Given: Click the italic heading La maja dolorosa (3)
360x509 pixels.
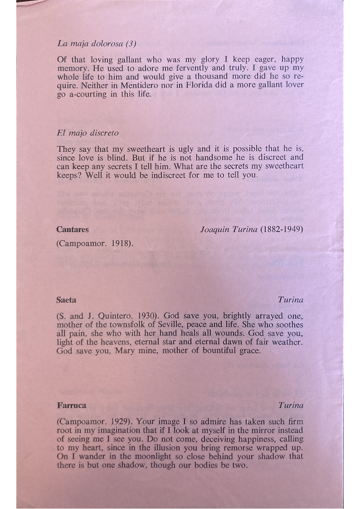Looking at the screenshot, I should click(97, 44).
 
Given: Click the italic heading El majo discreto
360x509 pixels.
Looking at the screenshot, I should click(88, 133).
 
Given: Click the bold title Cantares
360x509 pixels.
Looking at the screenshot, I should click(73, 229).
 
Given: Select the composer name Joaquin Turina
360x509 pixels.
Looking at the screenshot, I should click(229, 229).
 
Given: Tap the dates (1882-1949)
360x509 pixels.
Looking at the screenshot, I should click(282, 229).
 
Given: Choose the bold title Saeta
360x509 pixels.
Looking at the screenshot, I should click(67, 300).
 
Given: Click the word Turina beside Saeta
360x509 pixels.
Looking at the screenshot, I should click(291, 300).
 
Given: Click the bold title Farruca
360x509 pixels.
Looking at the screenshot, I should click(72, 405).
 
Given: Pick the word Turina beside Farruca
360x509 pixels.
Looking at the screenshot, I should click(291, 405).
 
